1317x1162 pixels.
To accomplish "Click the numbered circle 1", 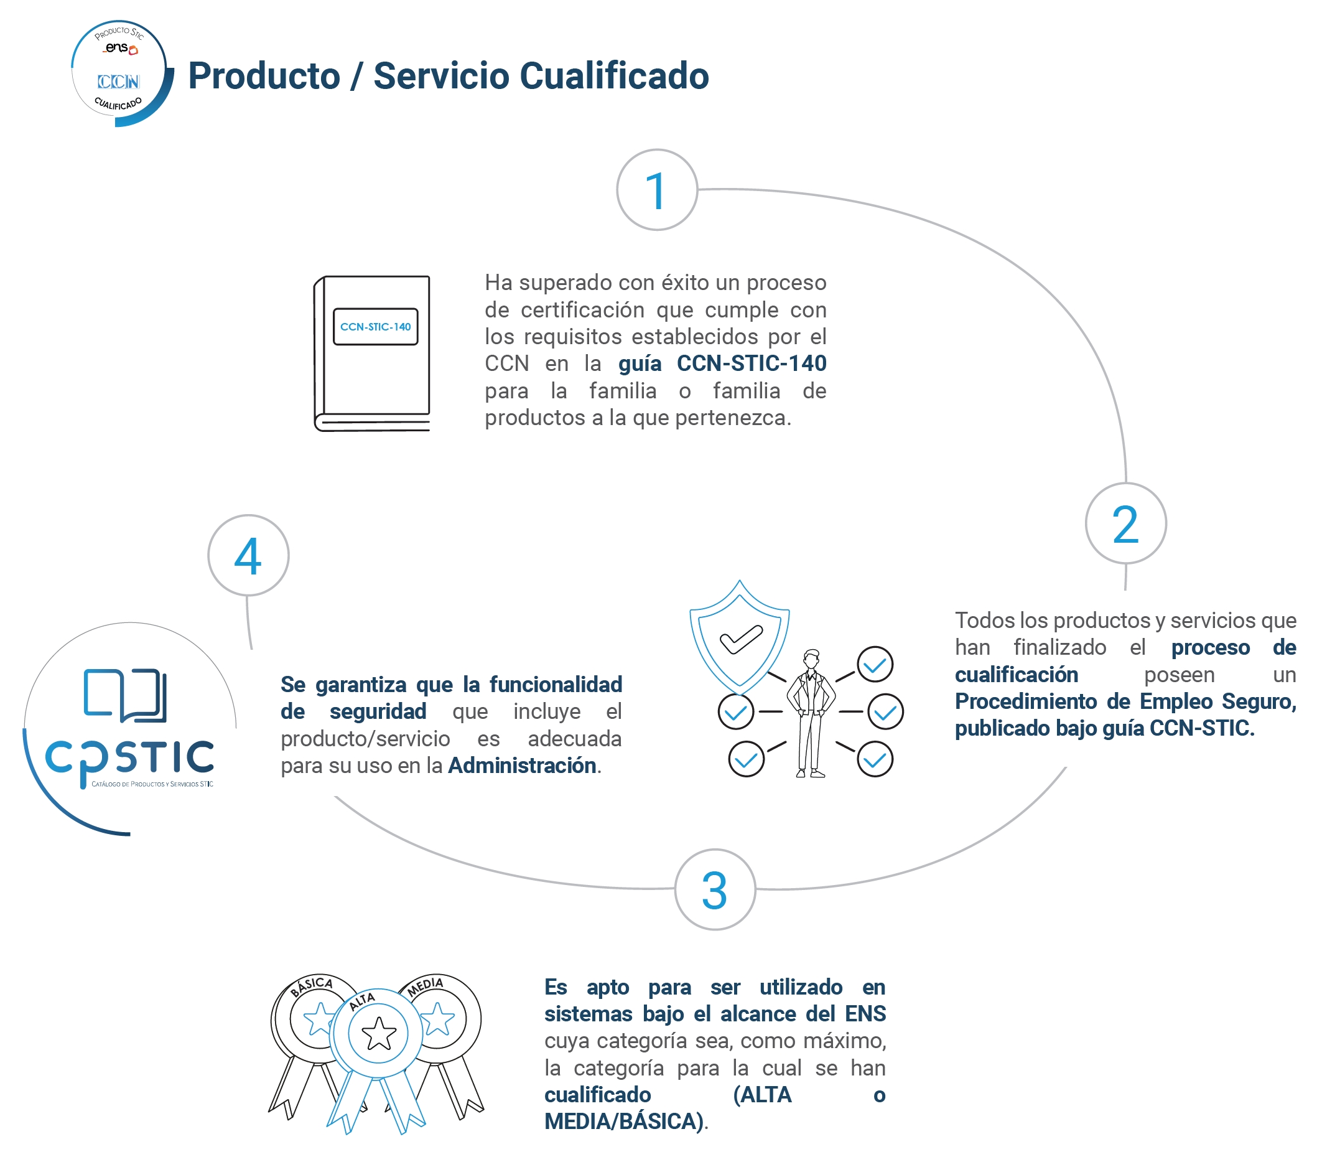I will [656, 190].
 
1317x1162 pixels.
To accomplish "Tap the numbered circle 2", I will [1125, 523].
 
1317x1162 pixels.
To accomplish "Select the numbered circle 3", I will [715, 889].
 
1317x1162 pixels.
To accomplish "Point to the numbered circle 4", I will [248, 556].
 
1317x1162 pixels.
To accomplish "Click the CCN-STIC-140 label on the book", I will [375, 327].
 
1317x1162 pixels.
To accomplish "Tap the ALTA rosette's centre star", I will [378, 1033].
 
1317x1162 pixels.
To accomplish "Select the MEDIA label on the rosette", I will [426, 986].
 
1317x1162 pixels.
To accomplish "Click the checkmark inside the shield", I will [741, 638].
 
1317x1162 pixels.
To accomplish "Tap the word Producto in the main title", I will [264, 76].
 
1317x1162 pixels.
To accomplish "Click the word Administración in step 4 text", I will [522, 766].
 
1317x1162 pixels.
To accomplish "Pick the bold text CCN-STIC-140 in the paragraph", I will [752, 363].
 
